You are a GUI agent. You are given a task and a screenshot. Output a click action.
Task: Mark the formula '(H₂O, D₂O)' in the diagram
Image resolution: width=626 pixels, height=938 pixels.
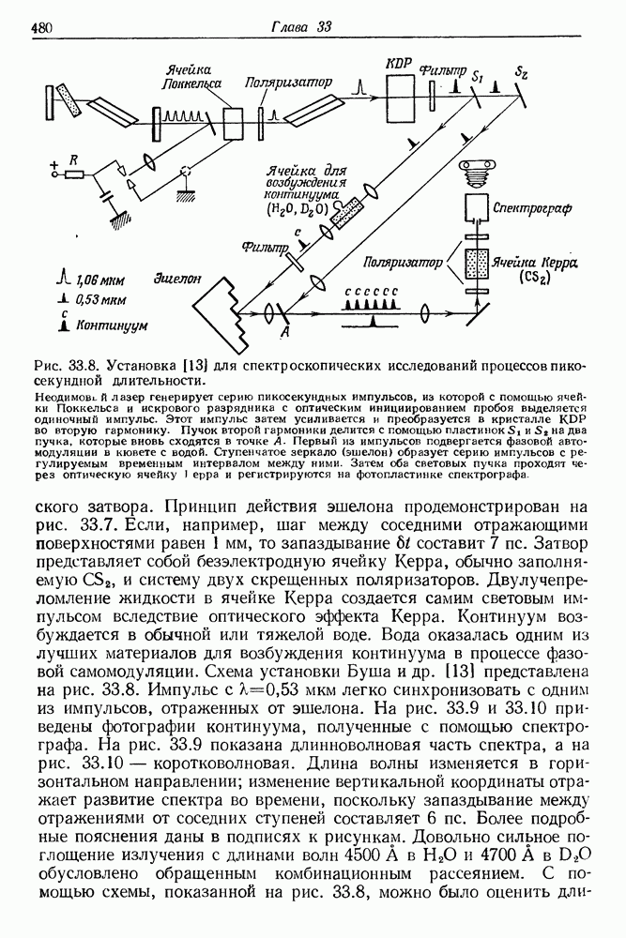(298, 208)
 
